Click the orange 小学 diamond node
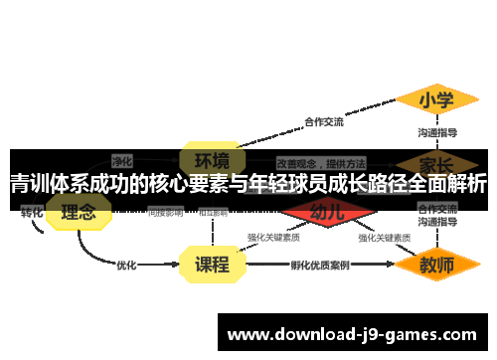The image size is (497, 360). click(x=436, y=100)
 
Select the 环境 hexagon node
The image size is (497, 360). click(x=211, y=160)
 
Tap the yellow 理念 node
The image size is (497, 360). click(x=79, y=212)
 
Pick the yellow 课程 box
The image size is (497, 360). click(x=211, y=265)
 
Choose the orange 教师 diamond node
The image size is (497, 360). click(x=436, y=265)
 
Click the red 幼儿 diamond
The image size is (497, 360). click(x=327, y=212)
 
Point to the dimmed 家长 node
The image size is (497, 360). click(x=436, y=162)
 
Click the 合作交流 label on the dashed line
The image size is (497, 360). click(x=323, y=122)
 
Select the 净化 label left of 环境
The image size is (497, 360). click(x=122, y=160)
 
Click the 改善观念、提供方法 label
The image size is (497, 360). click(x=320, y=162)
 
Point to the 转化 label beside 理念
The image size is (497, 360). click(x=32, y=212)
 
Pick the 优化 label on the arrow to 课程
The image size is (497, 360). click(x=126, y=266)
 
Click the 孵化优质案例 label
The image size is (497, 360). click(x=319, y=266)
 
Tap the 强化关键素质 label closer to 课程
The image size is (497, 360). click(x=273, y=238)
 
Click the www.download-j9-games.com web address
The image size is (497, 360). click(x=353, y=334)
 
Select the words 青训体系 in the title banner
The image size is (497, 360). click(x=46, y=184)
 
